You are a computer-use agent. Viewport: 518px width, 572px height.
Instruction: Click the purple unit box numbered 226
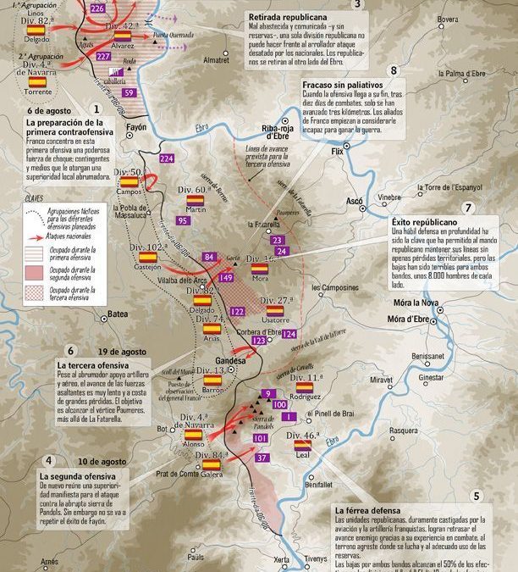(x=97, y=9)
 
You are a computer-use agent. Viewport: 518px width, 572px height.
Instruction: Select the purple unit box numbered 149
(x=227, y=276)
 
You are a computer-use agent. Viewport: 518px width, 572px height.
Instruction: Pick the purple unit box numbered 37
(x=262, y=458)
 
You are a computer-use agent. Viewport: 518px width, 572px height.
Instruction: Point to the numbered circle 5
(x=477, y=496)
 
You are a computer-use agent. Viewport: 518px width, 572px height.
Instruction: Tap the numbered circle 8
(x=392, y=71)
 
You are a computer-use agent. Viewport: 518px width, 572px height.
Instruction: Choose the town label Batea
(x=118, y=314)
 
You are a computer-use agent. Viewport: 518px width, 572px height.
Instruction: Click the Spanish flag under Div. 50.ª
(x=129, y=181)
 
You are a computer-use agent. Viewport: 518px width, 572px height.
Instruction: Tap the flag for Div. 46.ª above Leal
(x=301, y=443)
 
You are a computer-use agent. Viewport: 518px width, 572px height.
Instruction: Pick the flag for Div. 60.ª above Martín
(x=195, y=199)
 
